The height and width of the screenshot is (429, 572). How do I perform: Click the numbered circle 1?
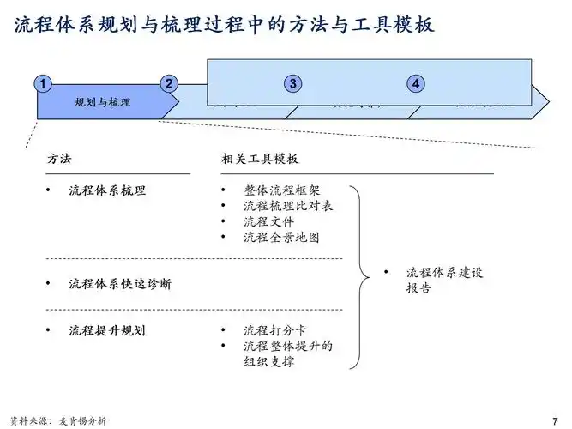(x=42, y=83)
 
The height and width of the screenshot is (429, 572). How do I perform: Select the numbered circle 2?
(x=169, y=83)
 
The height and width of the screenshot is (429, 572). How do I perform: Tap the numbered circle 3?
(x=293, y=83)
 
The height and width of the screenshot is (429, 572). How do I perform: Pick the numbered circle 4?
(x=416, y=83)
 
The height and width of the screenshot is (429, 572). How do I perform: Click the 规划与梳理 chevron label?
(x=103, y=103)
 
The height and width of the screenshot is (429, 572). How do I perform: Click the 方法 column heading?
(x=58, y=160)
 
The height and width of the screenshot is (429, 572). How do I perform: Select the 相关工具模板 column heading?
(x=260, y=160)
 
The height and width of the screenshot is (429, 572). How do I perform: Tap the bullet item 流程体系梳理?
(x=107, y=190)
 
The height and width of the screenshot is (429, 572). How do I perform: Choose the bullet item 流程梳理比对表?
(x=288, y=206)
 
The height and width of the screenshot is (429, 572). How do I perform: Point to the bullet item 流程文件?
(x=268, y=221)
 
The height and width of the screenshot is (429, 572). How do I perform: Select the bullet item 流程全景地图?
(x=282, y=237)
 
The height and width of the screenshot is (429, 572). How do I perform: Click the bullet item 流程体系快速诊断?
(x=119, y=283)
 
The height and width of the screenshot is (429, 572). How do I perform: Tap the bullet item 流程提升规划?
(x=107, y=330)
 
